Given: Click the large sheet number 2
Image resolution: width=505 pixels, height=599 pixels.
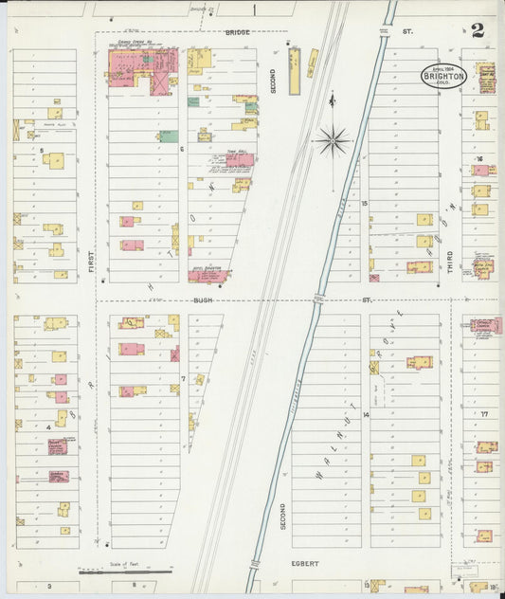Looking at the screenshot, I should pos(478,29).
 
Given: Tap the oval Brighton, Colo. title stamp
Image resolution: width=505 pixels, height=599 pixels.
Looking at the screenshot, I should pos(443,76).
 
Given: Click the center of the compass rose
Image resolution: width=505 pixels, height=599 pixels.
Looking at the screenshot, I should pos(334,141).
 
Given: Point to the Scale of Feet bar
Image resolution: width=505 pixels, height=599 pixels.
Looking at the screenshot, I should pos(105,572).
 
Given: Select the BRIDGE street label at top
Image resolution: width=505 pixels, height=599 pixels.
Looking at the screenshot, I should pos(237,32).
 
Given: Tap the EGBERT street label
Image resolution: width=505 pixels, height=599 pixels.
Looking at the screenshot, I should pos(305,563).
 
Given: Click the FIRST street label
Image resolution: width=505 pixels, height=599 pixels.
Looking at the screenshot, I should pos(92,262).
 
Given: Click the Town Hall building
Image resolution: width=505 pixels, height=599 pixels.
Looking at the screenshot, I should pos(239,161).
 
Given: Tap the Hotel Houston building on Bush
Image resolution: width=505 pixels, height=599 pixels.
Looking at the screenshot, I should pos(207,276).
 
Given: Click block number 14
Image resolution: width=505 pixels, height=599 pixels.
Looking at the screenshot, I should pos(365,415).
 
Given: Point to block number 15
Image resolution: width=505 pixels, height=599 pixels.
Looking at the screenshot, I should pos(364,203).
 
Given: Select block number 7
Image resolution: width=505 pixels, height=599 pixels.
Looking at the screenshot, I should pos(183,377).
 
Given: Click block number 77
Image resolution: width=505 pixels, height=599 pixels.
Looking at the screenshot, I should pos(483,414).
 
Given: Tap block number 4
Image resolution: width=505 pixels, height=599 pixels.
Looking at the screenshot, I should pos(47,427).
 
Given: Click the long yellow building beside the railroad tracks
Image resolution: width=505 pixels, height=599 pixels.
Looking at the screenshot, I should pos(294,71).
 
